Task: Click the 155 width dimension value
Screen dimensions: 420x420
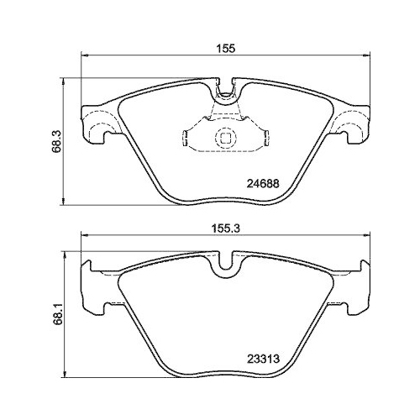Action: pyautogui.click(x=225, y=49)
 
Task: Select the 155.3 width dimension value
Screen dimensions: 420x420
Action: pyautogui.click(x=225, y=228)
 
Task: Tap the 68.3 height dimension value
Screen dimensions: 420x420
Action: pyautogui.click(x=56, y=142)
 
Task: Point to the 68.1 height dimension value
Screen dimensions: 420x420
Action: pyautogui.click(x=56, y=315)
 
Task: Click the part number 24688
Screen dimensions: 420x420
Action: pyautogui.click(x=263, y=184)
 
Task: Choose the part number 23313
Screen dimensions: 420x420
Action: pyautogui.click(x=263, y=359)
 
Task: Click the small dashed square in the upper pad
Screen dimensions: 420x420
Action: pyautogui.click(x=225, y=138)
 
